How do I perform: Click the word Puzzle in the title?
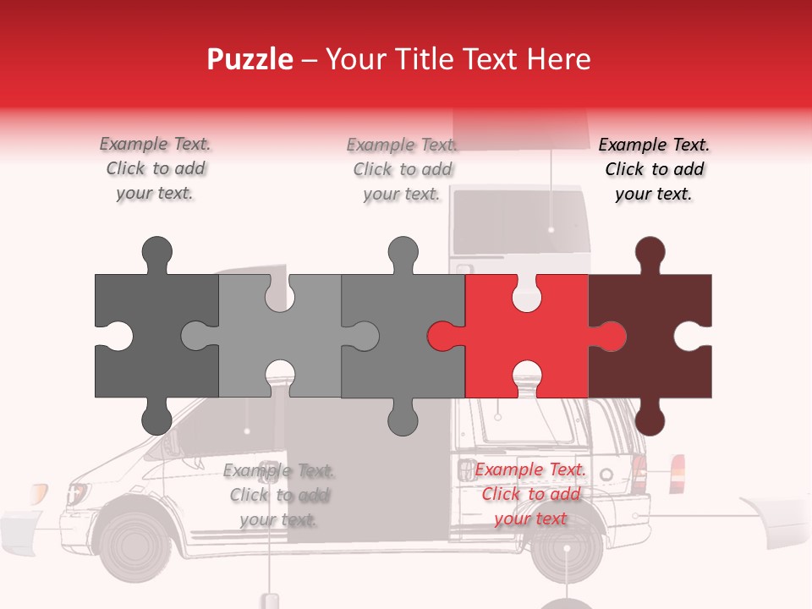(x=250, y=59)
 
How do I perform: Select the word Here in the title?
(x=559, y=59)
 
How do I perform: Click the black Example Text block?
(x=654, y=169)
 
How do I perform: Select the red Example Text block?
(x=530, y=494)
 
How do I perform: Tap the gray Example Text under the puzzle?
(x=278, y=495)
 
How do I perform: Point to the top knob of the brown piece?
(x=650, y=253)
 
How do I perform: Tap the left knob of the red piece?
(x=443, y=337)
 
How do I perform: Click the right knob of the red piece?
(x=608, y=337)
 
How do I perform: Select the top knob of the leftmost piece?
(x=156, y=253)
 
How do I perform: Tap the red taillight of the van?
(x=677, y=474)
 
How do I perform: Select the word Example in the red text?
(x=505, y=470)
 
